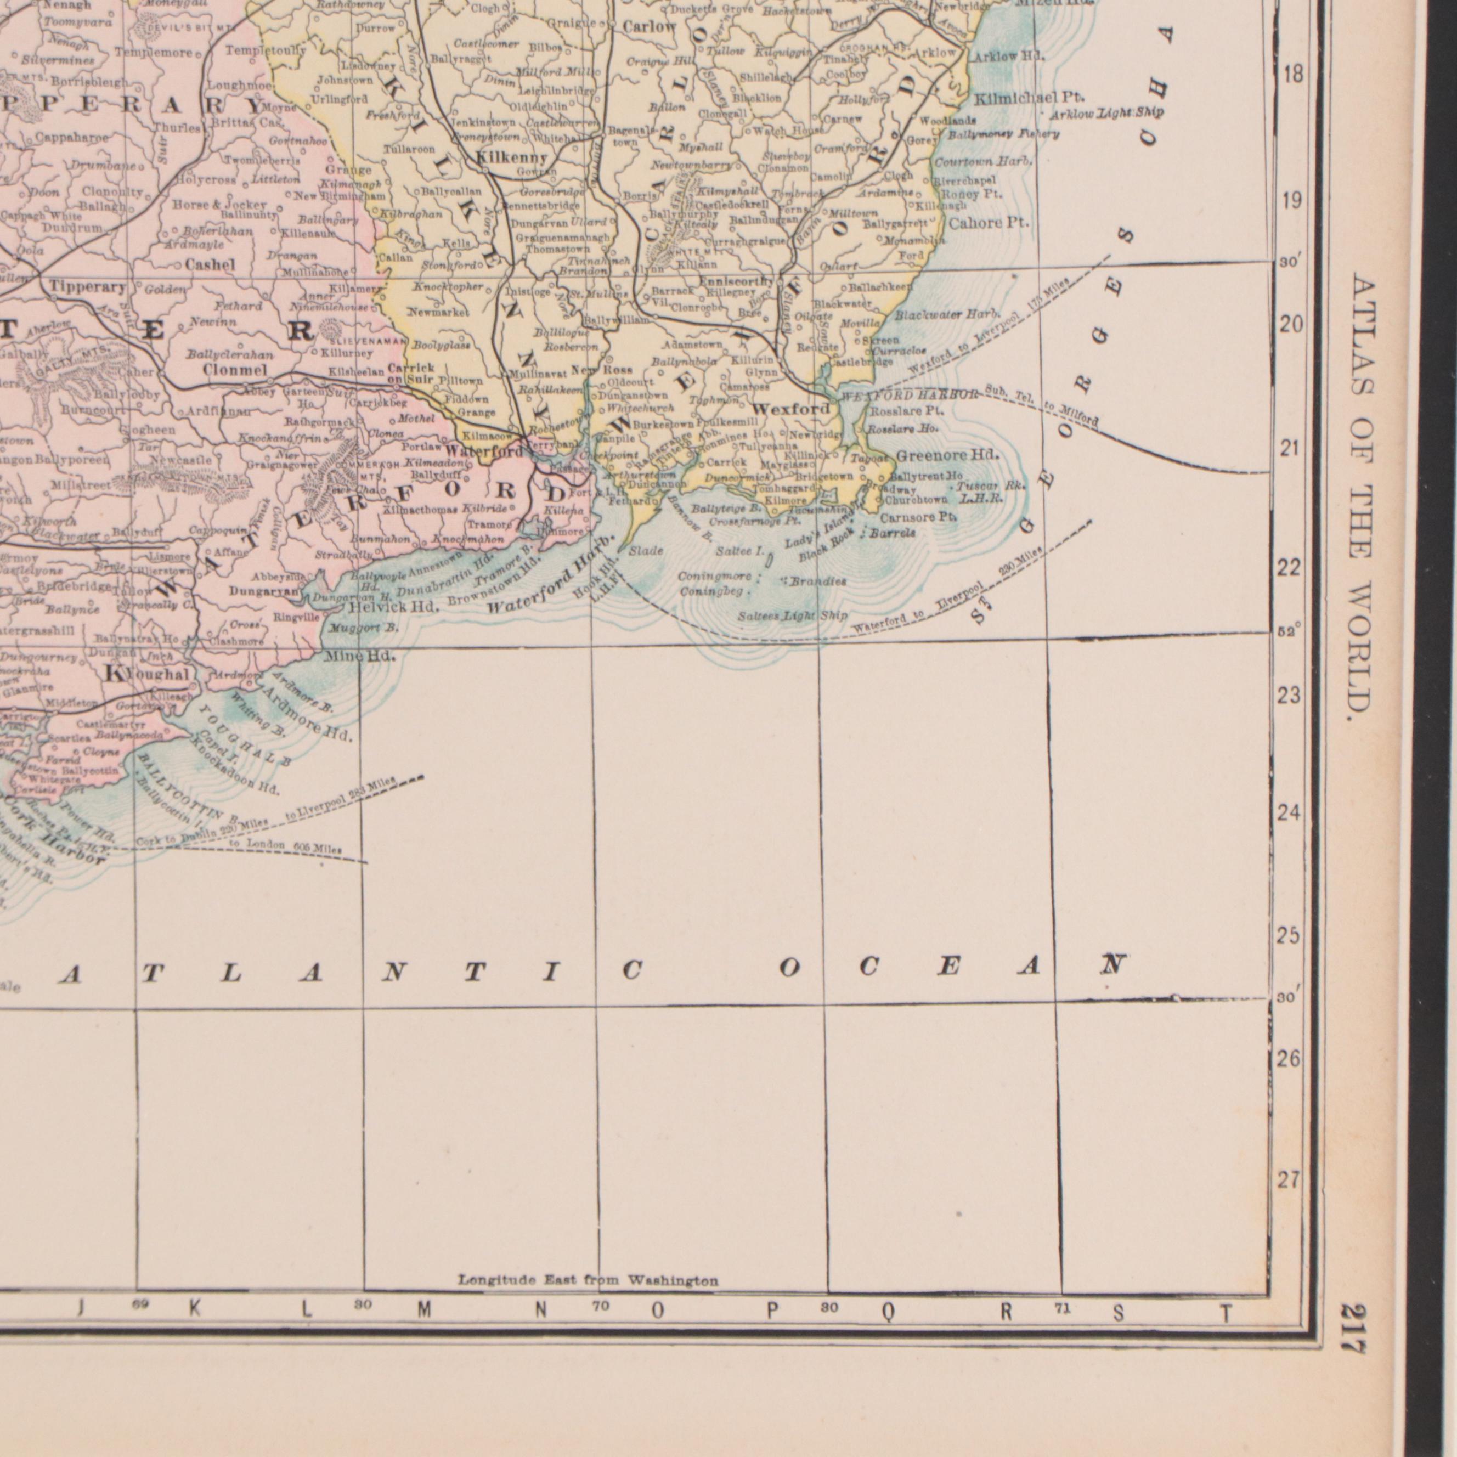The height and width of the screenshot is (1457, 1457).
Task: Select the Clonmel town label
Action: point(235,370)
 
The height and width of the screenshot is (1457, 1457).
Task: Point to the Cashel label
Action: point(211,265)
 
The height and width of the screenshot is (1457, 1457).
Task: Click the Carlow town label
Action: point(650,26)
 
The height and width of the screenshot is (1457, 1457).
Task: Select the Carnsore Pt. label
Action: point(918,517)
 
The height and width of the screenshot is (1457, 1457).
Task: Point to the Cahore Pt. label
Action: point(988,223)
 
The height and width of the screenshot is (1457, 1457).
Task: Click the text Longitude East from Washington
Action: point(588,1280)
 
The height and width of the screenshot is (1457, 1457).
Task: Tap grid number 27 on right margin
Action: point(1289,1180)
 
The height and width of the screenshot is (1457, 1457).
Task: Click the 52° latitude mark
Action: point(1286,632)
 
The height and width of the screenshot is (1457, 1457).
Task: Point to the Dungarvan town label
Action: point(266,591)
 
